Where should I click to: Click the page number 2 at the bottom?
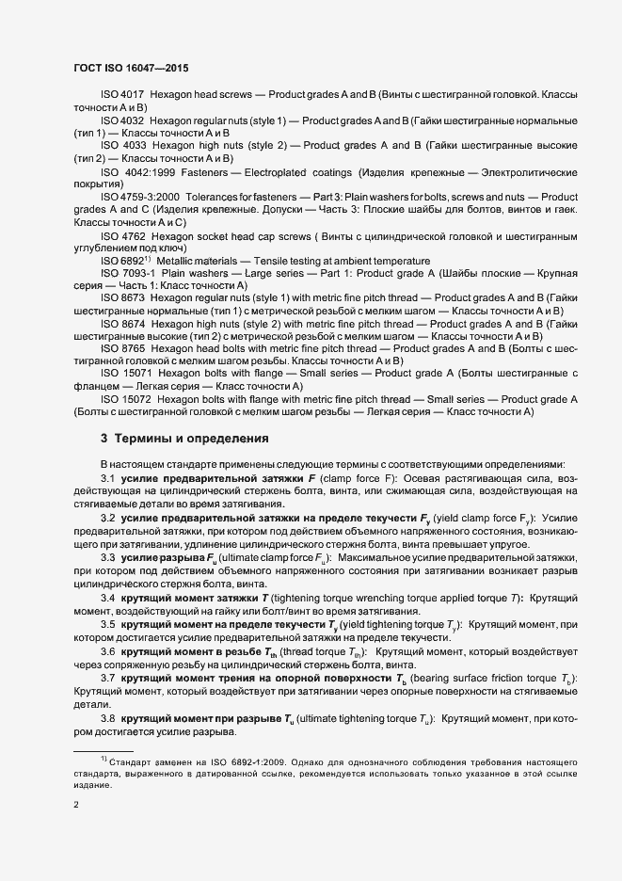76,803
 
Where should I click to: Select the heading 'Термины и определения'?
190,438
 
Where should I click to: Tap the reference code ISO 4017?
121,95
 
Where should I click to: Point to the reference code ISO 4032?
121,120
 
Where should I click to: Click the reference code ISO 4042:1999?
136,173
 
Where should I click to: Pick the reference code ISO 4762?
121,235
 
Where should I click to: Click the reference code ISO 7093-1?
126,273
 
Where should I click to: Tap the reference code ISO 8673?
121,297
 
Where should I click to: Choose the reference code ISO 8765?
121,348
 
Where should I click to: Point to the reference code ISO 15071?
125,374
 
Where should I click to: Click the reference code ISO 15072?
125,399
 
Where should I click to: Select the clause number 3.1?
107,479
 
